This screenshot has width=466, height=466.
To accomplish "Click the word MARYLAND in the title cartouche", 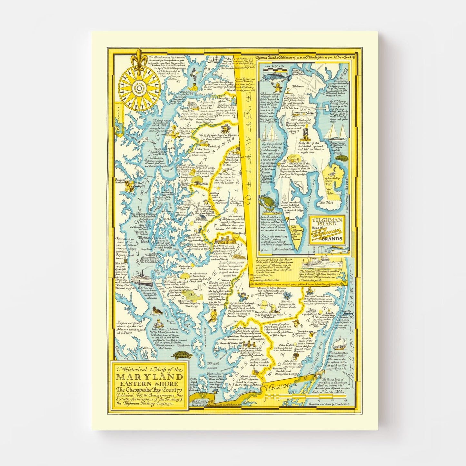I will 150,377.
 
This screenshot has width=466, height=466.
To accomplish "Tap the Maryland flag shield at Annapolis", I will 131,186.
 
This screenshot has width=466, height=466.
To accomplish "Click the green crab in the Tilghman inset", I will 269,203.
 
